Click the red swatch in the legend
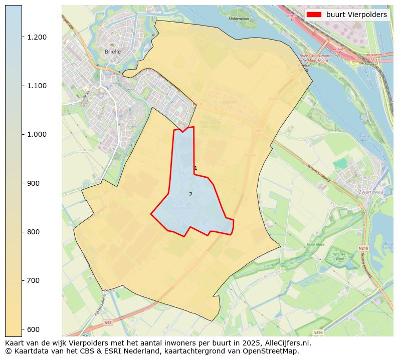[314, 15]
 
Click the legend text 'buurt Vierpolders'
[356, 15]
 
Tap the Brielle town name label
[113, 52]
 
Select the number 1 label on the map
[195, 168]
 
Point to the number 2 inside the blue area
[190, 194]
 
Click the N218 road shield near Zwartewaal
[363, 248]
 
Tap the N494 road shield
[318, 332]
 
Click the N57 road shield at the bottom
[108, 323]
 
